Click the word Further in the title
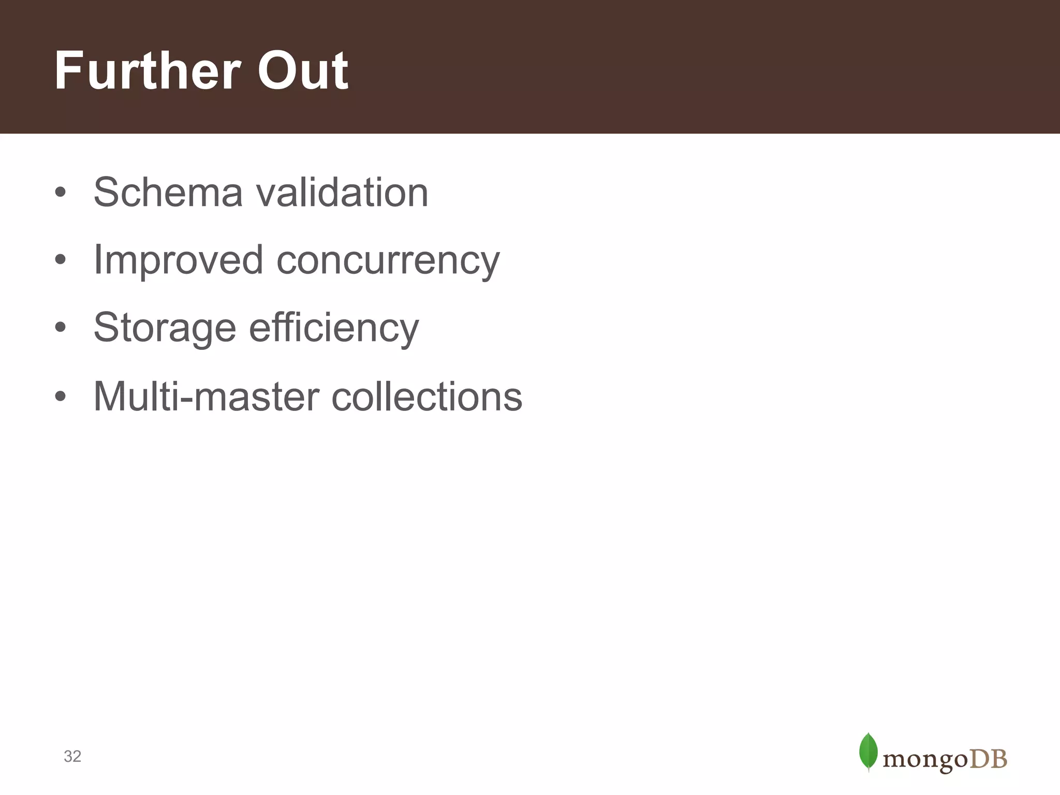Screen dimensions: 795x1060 coord(148,71)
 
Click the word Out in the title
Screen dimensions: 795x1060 coord(303,71)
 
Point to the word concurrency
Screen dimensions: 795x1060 coord(388,260)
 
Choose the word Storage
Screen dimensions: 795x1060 coord(165,328)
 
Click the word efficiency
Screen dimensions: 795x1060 coord(334,328)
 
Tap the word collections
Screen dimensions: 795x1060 coord(427,396)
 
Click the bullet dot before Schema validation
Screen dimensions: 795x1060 coord(61,192)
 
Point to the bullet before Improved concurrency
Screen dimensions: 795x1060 coord(61,259)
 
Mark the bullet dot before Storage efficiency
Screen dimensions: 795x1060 coord(61,327)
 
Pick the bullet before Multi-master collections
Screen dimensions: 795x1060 coord(61,396)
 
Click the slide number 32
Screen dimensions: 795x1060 coord(72,756)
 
